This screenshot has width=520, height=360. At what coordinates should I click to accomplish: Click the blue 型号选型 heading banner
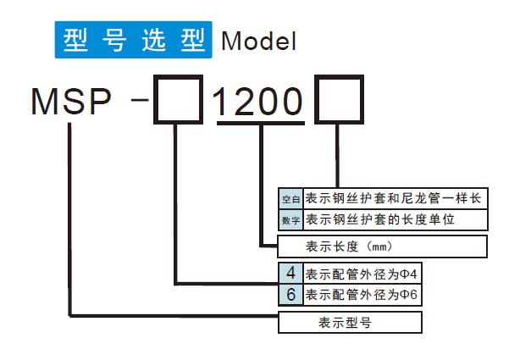point(133,41)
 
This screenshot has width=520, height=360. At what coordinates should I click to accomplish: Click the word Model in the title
point(258,42)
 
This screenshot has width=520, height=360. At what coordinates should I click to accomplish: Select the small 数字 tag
point(290,220)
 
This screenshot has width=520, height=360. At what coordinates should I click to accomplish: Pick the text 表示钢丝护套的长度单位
point(380,220)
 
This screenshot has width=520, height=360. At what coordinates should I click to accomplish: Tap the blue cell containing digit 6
point(290,295)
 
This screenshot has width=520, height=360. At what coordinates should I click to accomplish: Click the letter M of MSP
point(44,102)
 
